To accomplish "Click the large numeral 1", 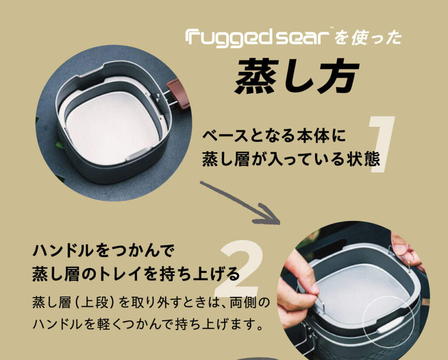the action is pos(381,144).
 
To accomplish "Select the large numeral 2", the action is pos(239,268).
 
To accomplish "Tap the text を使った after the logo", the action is pos(368,38).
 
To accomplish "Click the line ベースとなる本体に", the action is pos(274,136).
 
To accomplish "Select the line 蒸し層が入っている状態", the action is pos(291,159).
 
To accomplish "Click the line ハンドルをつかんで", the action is pos(103,251).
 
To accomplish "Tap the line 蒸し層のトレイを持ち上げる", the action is pos(136,273).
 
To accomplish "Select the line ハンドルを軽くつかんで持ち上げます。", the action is pos(147,324).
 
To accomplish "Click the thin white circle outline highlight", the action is pos(363,321).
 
